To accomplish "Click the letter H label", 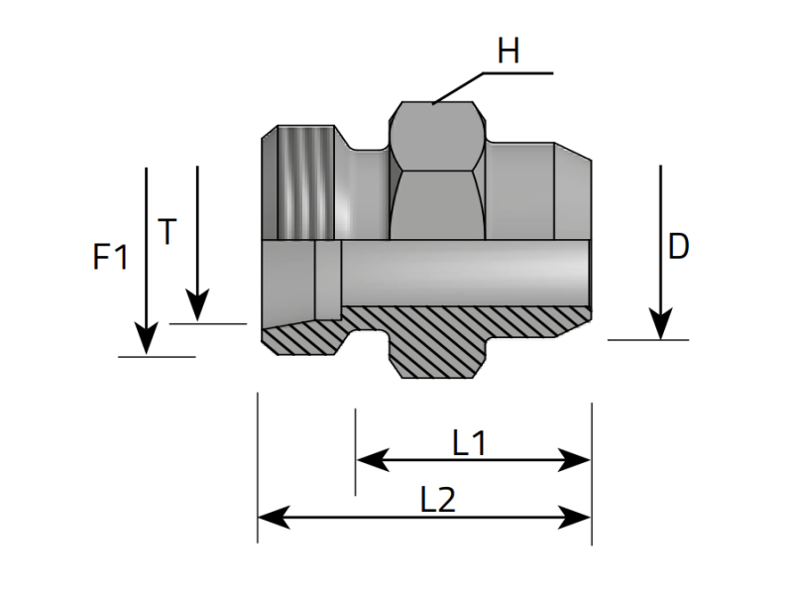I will (x=509, y=51).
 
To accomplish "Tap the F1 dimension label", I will (x=111, y=258).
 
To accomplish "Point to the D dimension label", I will (x=678, y=247).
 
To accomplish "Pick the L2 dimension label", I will (x=437, y=500).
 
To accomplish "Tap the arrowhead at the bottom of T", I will (x=197, y=307).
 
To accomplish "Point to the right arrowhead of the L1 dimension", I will (x=578, y=460).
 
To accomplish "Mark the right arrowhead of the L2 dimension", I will (x=578, y=517).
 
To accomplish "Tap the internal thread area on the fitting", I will (x=303, y=183).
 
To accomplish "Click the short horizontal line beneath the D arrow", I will (x=647, y=340).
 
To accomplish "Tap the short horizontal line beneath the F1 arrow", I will (x=156, y=356).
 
